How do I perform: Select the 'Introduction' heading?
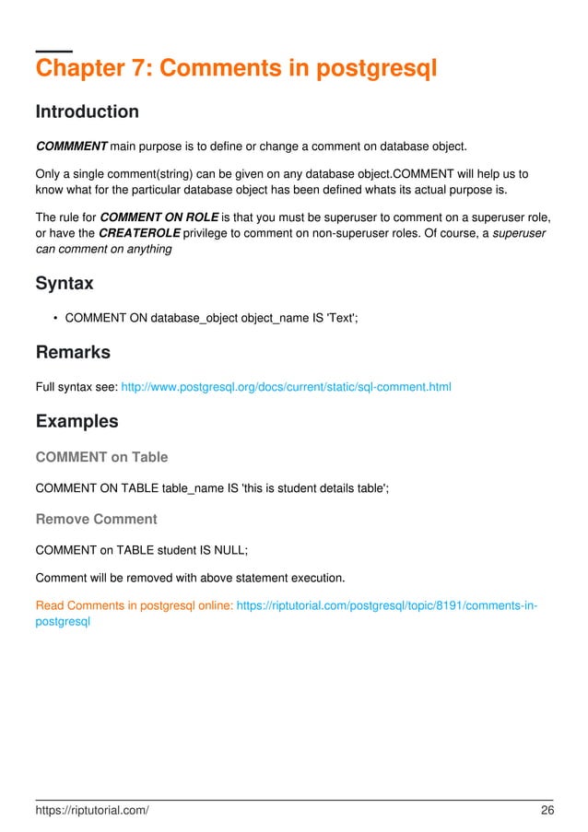[x=87, y=112]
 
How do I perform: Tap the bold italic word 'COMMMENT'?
[x=71, y=146]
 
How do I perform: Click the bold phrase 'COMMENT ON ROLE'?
[x=164, y=217]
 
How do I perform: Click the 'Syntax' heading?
[x=64, y=284]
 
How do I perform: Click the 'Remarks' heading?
[x=72, y=353]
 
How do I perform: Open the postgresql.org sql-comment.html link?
[x=287, y=387]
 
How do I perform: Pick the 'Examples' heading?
[x=76, y=422]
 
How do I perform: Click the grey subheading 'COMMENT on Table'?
[x=101, y=457]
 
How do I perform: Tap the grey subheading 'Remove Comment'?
[x=96, y=519]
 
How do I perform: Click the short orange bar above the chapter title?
[x=53, y=49]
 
